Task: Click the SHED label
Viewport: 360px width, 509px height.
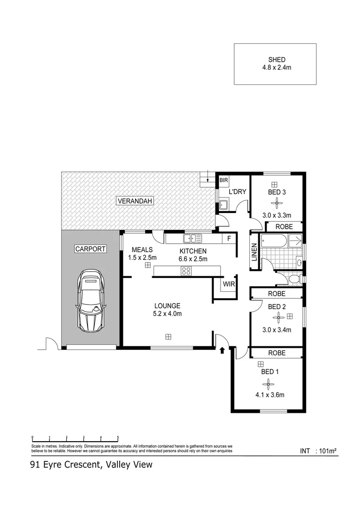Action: click(277, 60)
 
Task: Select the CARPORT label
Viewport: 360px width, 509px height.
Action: click(90, 249)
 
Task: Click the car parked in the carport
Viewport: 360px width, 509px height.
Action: click(91, 301)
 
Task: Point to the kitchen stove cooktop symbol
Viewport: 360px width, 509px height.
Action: click(186, 271)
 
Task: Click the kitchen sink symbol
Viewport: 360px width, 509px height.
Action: click(193, 238)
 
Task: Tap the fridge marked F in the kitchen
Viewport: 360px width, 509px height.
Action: click(229, 238)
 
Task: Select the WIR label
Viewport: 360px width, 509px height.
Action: click(229, 284)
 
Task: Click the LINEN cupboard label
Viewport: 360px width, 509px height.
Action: click(254, 252)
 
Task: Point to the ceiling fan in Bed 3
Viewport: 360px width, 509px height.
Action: click(277, 204)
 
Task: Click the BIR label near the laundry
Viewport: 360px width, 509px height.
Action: click(222, 180)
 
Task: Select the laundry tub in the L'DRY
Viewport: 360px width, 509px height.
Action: click(223, 205)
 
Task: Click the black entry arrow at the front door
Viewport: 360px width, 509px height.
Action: click(222, 350)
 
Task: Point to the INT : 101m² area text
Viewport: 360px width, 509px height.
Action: click(319, 451)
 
